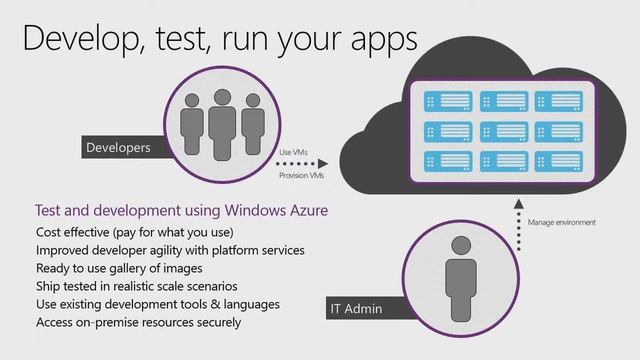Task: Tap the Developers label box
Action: click(119, 148)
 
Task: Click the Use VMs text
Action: click(294, 151)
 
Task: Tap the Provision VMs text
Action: click(300, 175)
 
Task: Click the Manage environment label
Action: click(561, 222)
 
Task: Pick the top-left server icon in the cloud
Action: click(448, 100)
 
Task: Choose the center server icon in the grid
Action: click(502, 130)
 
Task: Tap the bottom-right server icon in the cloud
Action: click(557, 160)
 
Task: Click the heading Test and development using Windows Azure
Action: click(181, 212)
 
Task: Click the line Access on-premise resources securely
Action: click(138, 322)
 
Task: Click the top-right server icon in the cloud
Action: click(557, 100)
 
